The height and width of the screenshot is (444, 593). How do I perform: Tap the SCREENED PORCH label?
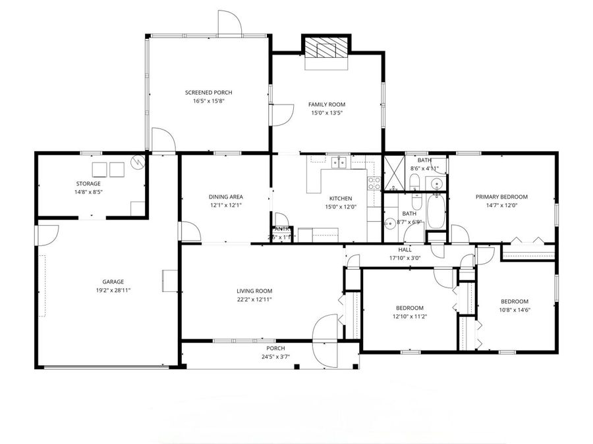click(208, 93)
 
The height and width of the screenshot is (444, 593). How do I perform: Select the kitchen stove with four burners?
click(374, 184)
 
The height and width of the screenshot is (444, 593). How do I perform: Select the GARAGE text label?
click(113, 282)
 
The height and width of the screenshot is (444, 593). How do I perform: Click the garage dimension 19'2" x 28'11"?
click(113, 290)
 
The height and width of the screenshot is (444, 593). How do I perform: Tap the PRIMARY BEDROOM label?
click(502, 197)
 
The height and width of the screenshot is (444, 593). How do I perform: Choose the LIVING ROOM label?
click(254, 291)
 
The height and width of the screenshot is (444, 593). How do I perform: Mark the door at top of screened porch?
click(230, 24)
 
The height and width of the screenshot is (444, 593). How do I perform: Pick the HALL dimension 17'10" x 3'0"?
click(405, 259)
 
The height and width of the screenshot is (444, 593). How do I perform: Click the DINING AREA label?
click(226, 197)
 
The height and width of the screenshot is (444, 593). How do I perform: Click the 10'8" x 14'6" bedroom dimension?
click(515, 310)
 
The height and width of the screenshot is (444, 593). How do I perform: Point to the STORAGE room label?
click(88, 184)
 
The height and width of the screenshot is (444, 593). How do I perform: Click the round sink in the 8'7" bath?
click(389, 222)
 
